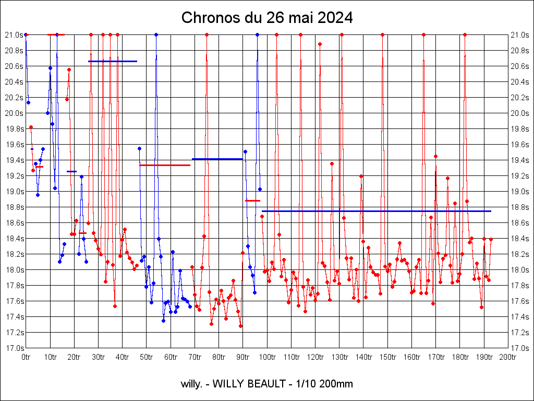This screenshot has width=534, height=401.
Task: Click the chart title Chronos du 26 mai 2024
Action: pyautogui.click(x=267, y=18)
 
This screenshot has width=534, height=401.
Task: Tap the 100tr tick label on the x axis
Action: pyautogui.click(x=267, y=357)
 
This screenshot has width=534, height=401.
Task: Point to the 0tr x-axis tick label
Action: pyautogui.click(x=26, y=357)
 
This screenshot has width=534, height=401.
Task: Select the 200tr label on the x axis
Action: pyautogui.click(x=508, y=357)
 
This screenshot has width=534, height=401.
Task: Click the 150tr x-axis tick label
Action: pyautogui.click(x=387, y=357)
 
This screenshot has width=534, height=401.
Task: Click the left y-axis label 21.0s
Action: pyautogui.click(x=14, y=35)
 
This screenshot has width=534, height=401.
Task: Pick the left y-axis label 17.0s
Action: pyautogui.click(x=14, y=348)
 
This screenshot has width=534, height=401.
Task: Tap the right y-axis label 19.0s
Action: pyautogui.click(x=520, y=192)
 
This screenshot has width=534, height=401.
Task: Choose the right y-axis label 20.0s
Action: pyautogui.click(x=520, y=113)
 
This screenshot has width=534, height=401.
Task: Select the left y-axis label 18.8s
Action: pyautogui.click(x=14, y=207)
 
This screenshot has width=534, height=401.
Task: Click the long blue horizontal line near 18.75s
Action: pyautogui.click(x=375, y=211)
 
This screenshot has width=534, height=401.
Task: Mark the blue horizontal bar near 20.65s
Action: pyautogui.click(x=113, y=61)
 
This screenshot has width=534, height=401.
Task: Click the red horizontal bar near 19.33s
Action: pyautogui.click(x=165, y=165)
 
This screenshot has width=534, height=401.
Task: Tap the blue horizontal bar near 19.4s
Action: pyautogui.click(x=217, y=159)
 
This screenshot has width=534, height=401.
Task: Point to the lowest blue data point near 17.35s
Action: pyautogui.click(x=163, y=321)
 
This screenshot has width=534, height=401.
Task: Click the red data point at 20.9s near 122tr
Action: pyautogui.click(x=320, y=44)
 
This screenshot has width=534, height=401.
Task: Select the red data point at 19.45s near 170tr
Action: pyautogui.click(x=435, y=156)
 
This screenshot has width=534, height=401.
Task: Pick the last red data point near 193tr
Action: pyautogui.click(x=491, y=239)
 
